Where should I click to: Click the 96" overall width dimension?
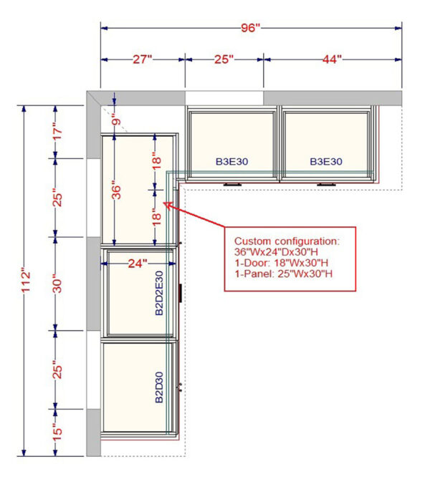click(250, 27)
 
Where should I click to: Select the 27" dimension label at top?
click(143, 59)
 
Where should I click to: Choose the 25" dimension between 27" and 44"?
click(224, 59)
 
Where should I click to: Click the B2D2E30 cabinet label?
click(160, 293)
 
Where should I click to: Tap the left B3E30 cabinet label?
click(232, 162)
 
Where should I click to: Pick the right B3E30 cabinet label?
click(326, 162)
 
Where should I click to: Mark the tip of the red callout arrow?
click(166, 205)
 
